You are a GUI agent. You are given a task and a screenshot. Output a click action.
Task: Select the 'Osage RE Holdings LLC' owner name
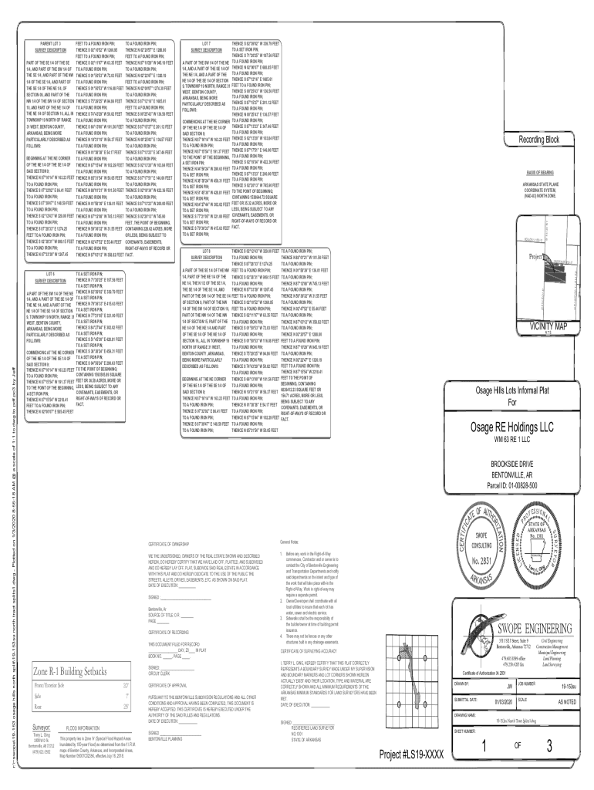[x=515, y=428]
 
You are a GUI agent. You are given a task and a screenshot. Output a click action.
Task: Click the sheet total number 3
[x=549, y=747]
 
